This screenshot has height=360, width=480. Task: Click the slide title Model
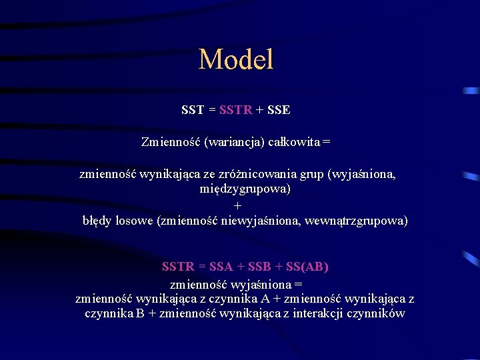coord(236,59)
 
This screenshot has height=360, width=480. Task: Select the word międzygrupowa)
coord(245,189)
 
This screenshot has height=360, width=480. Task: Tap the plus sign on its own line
coord(238,205)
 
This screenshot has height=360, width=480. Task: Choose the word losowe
coord(137,220)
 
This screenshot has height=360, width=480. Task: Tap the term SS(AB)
coord(307,267)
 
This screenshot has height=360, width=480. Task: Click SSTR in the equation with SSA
coord(178,267)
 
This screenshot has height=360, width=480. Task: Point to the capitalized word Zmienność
coord(171,141)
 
